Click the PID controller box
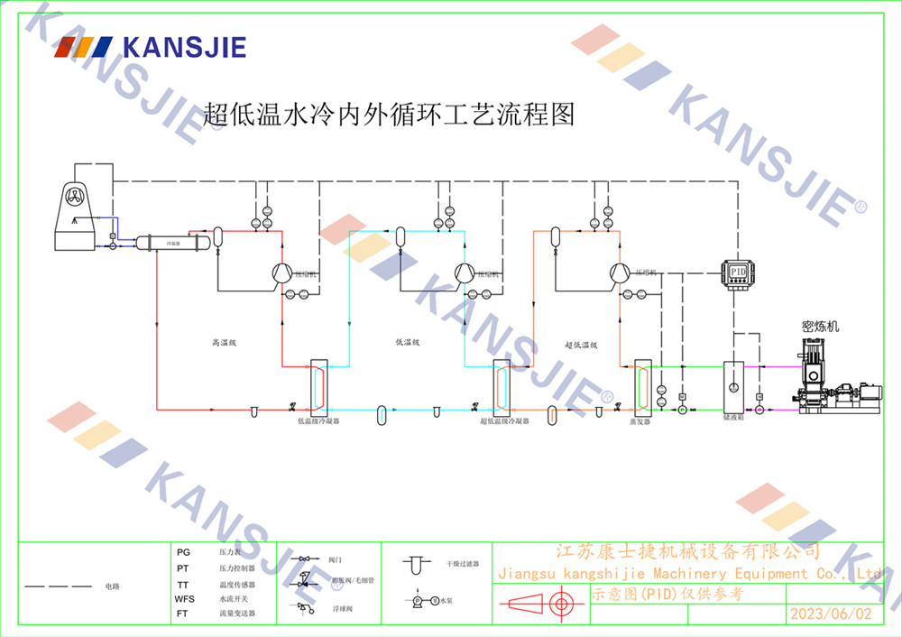(x=738, y=272)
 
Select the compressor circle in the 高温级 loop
(x=281, y=272)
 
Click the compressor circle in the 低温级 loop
(x=464, y=272)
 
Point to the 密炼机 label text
(x=821, y=326)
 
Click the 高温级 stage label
(x=223, y=343)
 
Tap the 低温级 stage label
(x=408, y=343)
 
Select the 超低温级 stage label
(x=582, y=345)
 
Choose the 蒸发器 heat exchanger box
(x=642, y=386)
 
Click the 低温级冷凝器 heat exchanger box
(x=318, y=386)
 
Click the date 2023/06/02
(x=831, y=614)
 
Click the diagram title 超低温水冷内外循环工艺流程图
(x=389, y=115)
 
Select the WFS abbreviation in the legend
(x=184, y=599)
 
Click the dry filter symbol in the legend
(x=415, y=565)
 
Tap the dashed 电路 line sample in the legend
(x=58, y=586)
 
